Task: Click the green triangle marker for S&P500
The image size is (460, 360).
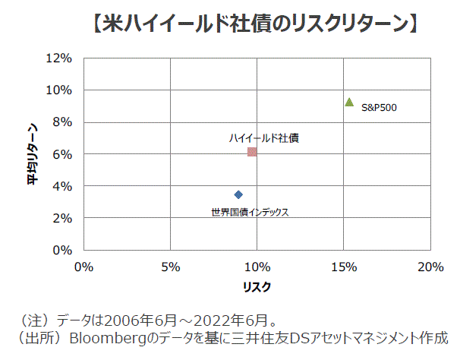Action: [349, 102]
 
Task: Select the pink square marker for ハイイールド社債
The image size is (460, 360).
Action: [252, 152]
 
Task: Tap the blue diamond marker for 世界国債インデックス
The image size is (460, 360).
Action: [238, 194]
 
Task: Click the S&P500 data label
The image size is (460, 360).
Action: [379, 107]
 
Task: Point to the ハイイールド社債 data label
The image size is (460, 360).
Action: [263, 138]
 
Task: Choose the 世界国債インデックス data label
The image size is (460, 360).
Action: [250, 212]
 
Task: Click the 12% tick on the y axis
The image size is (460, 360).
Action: [59, 58]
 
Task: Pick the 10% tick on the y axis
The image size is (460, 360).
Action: [59, 90]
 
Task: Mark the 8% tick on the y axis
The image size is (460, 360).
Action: [62, 122]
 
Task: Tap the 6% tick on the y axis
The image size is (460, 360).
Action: [62, 154]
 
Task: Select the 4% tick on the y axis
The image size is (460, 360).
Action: [62, 186]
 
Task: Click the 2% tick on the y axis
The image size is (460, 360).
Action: [62, 218]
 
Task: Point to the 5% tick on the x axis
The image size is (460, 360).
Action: [171, 267]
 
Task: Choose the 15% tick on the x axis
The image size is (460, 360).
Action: [344, 267]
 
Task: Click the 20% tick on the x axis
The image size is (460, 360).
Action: [430, 267]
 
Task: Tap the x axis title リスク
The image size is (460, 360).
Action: [257, 287]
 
